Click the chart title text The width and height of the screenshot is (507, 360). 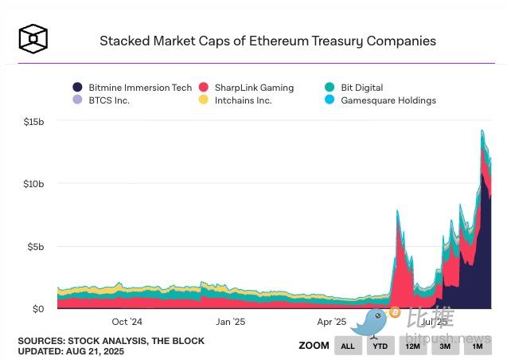[267, 41]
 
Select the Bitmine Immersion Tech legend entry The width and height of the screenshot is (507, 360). [132, 88]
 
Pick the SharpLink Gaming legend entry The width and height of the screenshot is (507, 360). [246, 88]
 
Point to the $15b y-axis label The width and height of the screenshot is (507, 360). [33, 121]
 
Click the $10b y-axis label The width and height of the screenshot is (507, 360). [33, 184]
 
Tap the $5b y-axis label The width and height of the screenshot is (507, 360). [36, 246]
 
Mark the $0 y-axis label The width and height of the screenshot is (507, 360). [39, 308]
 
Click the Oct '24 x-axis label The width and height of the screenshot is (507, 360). [127, 322]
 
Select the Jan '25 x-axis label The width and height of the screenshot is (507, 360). [230, 322]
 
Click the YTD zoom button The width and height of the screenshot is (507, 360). [381, 346]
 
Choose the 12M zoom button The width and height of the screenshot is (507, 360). [413, 346]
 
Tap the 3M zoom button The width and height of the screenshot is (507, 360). [446, 346]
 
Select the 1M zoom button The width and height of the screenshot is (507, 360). [478, 346]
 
